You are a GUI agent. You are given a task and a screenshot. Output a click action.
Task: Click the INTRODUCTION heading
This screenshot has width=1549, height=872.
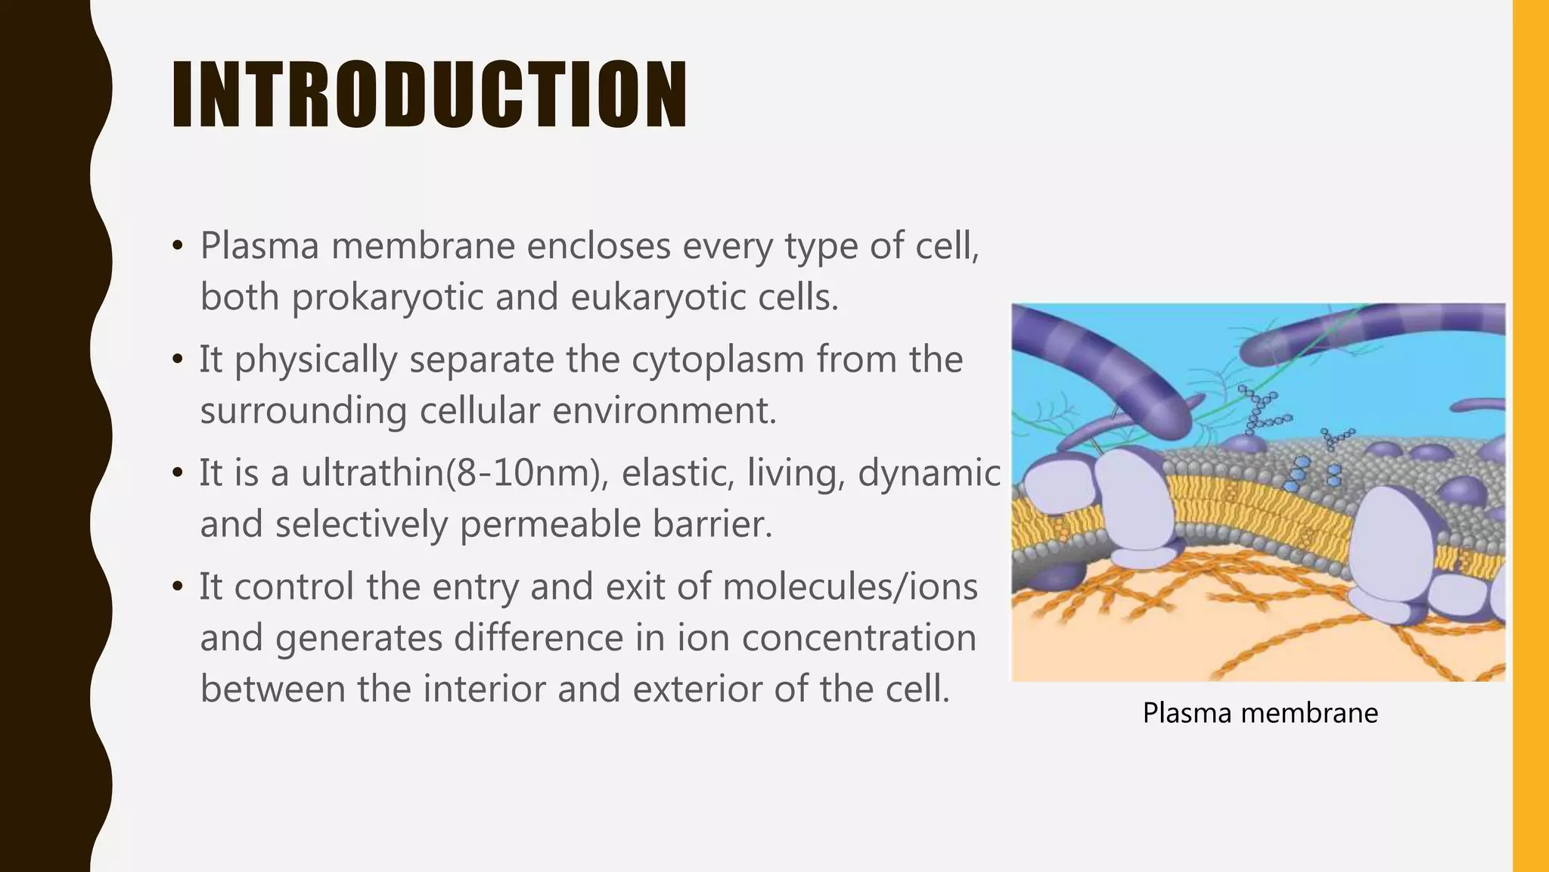pos(429,95)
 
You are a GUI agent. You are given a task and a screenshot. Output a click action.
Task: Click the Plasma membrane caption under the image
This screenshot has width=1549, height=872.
pos(1260,713)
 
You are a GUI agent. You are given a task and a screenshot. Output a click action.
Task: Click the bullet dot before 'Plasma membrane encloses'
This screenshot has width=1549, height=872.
pos(178,246)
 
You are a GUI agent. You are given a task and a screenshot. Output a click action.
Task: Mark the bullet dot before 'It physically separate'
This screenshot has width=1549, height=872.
pos(178,360)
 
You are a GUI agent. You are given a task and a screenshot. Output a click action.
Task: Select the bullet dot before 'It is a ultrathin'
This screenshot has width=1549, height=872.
pos(178,474)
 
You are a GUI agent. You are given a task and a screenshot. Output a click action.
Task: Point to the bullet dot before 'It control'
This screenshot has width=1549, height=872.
pos(178,587)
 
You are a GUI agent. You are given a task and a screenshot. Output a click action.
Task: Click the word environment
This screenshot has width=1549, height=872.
pos(664,411)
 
